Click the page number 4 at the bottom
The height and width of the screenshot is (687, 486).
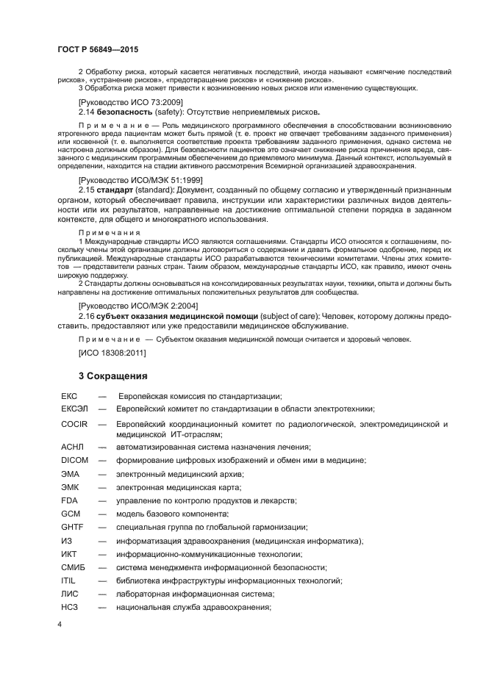[x=60, y=624]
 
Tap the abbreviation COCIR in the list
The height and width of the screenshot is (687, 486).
[x=74, y=424]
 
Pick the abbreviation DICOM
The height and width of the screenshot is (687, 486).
[x=75, y=459]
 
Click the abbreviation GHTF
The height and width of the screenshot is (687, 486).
[x=73, y=527]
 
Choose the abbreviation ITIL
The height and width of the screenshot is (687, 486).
[x=69, y=580]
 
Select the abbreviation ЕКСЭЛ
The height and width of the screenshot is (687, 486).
[x=76, y=409]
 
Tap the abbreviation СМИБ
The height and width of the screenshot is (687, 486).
[x=74, y=567]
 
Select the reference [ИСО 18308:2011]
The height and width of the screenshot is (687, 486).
[x=112, y=353]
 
